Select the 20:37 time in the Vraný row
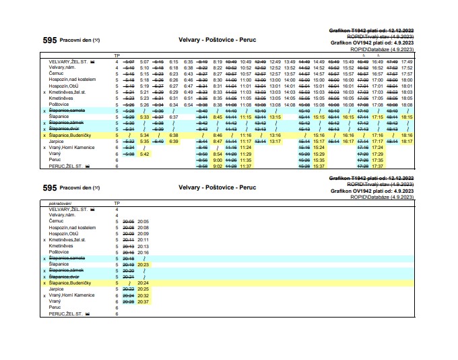[x=143, y=301]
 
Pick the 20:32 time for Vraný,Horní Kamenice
[x=143, y=295]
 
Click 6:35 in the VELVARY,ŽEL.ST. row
[x=188, y=61]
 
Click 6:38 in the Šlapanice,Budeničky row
[x=174, y=135]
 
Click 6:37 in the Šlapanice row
[x=174, y=117]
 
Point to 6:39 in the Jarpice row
[x=174, y=141]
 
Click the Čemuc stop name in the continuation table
[x=56, y=221]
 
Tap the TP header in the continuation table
[x=117, y=202]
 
